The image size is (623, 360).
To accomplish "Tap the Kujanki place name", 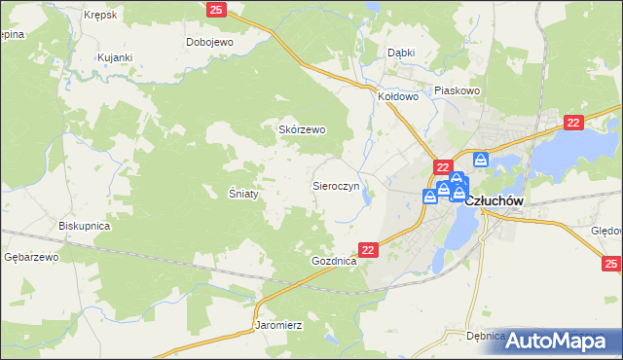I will [114, 57].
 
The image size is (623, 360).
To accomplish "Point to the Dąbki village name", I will [401, 53].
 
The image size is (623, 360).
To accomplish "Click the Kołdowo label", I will [397, 96].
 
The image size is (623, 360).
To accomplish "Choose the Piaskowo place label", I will [458, 90].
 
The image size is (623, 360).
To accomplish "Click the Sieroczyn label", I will [336, 184].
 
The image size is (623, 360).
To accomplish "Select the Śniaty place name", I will [242, 194].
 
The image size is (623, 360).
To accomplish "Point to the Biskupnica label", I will [85, 225].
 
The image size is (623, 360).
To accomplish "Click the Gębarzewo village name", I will [32, 257].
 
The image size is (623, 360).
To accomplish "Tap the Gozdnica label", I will [335, 262].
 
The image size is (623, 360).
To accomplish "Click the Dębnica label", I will [485, 336].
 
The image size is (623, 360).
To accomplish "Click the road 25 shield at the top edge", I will [216, 9].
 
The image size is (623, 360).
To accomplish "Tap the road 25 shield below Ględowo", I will [611, 263].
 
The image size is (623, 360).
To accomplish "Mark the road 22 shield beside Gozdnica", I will [368, 250].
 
